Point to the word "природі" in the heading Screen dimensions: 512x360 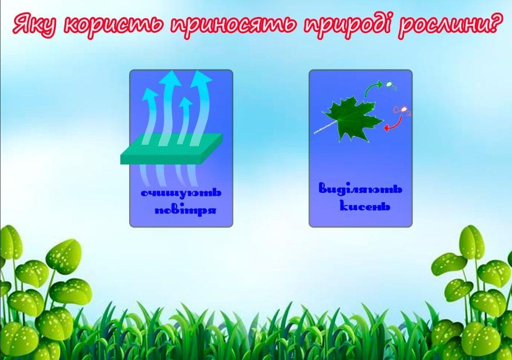coord(347,25)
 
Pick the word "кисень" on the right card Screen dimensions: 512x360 coord(365,206)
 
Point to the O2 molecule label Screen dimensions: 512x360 coord(390,85)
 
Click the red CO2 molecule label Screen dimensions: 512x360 coord(402,110)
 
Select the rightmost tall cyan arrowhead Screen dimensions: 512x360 coord(200,78)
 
